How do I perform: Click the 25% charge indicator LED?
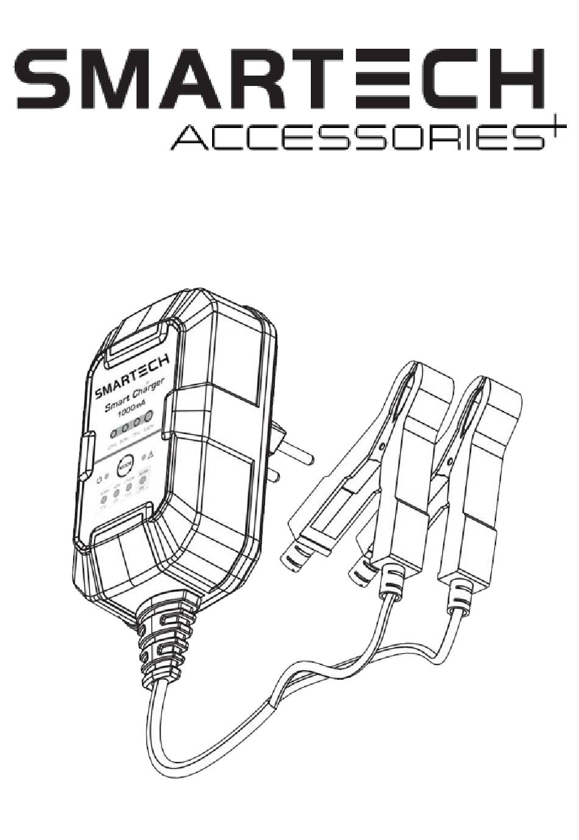click(x=113, y=434)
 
